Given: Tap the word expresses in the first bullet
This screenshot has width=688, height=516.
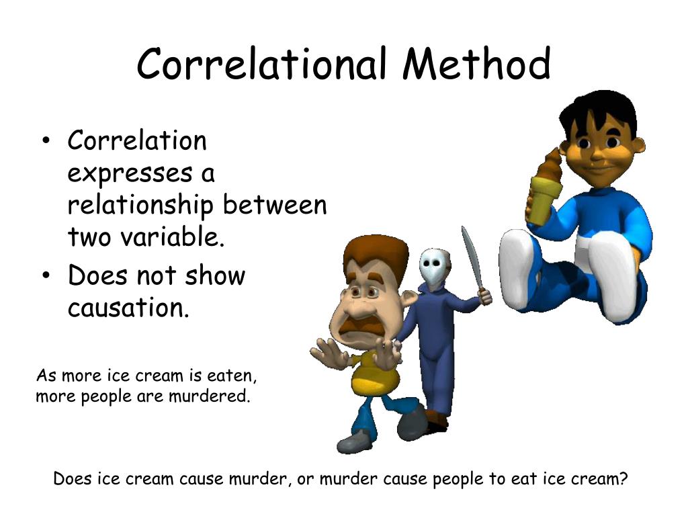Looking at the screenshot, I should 129,173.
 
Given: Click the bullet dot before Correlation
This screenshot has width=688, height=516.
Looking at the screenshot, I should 46,142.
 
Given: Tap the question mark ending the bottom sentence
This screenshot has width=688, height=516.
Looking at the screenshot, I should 623,479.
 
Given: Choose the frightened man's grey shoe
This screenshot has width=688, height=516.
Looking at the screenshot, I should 354,441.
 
